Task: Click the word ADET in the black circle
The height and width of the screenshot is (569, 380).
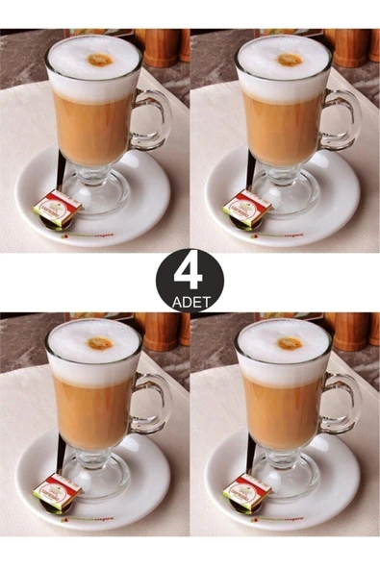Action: pyautogui.click(x=190, y=300)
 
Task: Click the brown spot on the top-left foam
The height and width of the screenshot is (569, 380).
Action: pyautogui.click(x=99, y=60)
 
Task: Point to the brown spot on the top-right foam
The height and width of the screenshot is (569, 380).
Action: pyautogui.click(x=290, y=60)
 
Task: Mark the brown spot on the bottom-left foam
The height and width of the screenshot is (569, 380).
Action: pyautogui.click(x=99, y=343)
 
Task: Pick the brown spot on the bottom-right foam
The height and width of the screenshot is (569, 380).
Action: pyautogui.click(x=290, y=343)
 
